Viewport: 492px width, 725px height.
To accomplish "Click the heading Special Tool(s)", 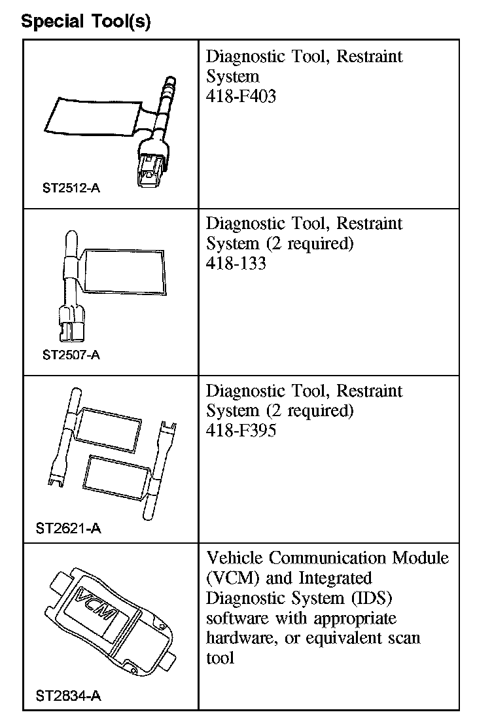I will coord(86,21).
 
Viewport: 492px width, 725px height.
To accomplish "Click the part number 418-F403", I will coord(241,97).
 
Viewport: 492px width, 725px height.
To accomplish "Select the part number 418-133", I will coord(236,264).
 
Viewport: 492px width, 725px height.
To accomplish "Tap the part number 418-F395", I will coord(241,432).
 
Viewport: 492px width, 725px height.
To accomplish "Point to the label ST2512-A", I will coord(71,189).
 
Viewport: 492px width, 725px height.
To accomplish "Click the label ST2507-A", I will coord(71,356).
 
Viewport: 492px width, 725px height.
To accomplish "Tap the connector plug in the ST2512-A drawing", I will coord(152,169).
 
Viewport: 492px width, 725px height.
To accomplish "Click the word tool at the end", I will coord(220,658).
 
